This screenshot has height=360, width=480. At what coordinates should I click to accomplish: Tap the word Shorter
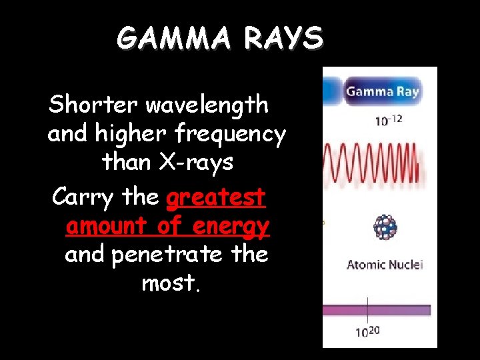pos(93,105)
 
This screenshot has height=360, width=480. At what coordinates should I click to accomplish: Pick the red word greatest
pos(216,198)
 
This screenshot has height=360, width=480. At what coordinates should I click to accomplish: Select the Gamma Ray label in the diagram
pos(383,91)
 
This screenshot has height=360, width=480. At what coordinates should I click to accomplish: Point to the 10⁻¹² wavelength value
pos(389,121)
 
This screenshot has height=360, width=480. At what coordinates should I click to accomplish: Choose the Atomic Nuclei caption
pos(385,265)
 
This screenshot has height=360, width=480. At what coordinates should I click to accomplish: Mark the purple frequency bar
pos(377,310)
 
